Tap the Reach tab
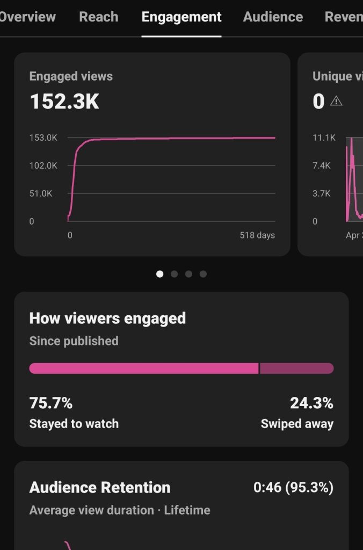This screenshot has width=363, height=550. [99, 17]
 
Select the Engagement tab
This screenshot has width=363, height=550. [181, 17]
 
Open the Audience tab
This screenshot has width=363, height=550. [273, 17]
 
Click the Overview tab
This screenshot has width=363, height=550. [27, 17]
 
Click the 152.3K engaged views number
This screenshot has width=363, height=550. [64, 102]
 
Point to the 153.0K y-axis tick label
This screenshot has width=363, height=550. [43, 137]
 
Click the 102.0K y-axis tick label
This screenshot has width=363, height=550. [43, 165]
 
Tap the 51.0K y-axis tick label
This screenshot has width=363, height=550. [41, 193]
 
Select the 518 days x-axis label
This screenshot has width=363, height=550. [257, 235]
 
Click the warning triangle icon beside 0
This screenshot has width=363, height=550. [336, 101]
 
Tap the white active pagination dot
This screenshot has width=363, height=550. [159, 274]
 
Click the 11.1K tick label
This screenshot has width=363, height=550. [324, 137]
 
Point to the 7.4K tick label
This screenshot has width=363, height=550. [321, 165]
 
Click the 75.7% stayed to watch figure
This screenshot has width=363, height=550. [51, 403]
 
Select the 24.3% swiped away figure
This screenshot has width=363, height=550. [311, 403]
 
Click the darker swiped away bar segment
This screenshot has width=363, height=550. [297, 368]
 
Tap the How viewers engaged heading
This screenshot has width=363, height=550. [107, 319]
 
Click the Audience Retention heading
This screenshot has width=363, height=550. [99, 488]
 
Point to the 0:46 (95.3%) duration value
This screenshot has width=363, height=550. [293, 488]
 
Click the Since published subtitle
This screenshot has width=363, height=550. [74, 341]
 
